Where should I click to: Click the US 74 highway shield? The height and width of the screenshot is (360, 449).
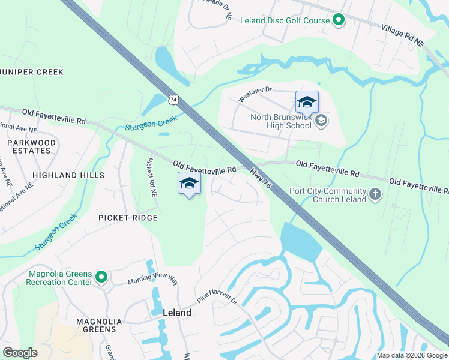coord(174,98)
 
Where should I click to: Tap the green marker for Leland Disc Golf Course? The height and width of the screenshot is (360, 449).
coord(339,20)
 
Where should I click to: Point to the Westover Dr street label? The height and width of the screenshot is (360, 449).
coord(255,94)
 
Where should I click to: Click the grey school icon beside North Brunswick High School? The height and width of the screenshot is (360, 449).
coord(321,121)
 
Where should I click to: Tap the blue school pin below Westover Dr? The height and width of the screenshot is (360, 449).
coord(306,103)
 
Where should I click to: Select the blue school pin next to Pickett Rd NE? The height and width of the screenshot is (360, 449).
coord(189,184)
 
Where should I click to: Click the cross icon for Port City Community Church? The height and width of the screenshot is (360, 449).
coord(375,194)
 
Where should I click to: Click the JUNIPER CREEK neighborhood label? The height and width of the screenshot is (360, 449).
coord(32,72)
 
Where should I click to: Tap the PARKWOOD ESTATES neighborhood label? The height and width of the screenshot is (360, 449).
coord(31,146)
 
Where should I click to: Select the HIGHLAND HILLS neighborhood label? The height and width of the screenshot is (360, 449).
coord(68,175)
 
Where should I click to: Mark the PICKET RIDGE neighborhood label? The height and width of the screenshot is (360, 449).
coord(128,218)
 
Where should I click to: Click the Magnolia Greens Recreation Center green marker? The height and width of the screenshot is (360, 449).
coord(101,277)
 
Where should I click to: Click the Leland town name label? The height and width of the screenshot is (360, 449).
coord(177,313)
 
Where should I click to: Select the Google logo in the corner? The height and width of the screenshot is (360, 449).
coord(20,353)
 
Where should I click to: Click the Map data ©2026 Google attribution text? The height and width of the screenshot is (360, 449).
coord(411,355)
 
